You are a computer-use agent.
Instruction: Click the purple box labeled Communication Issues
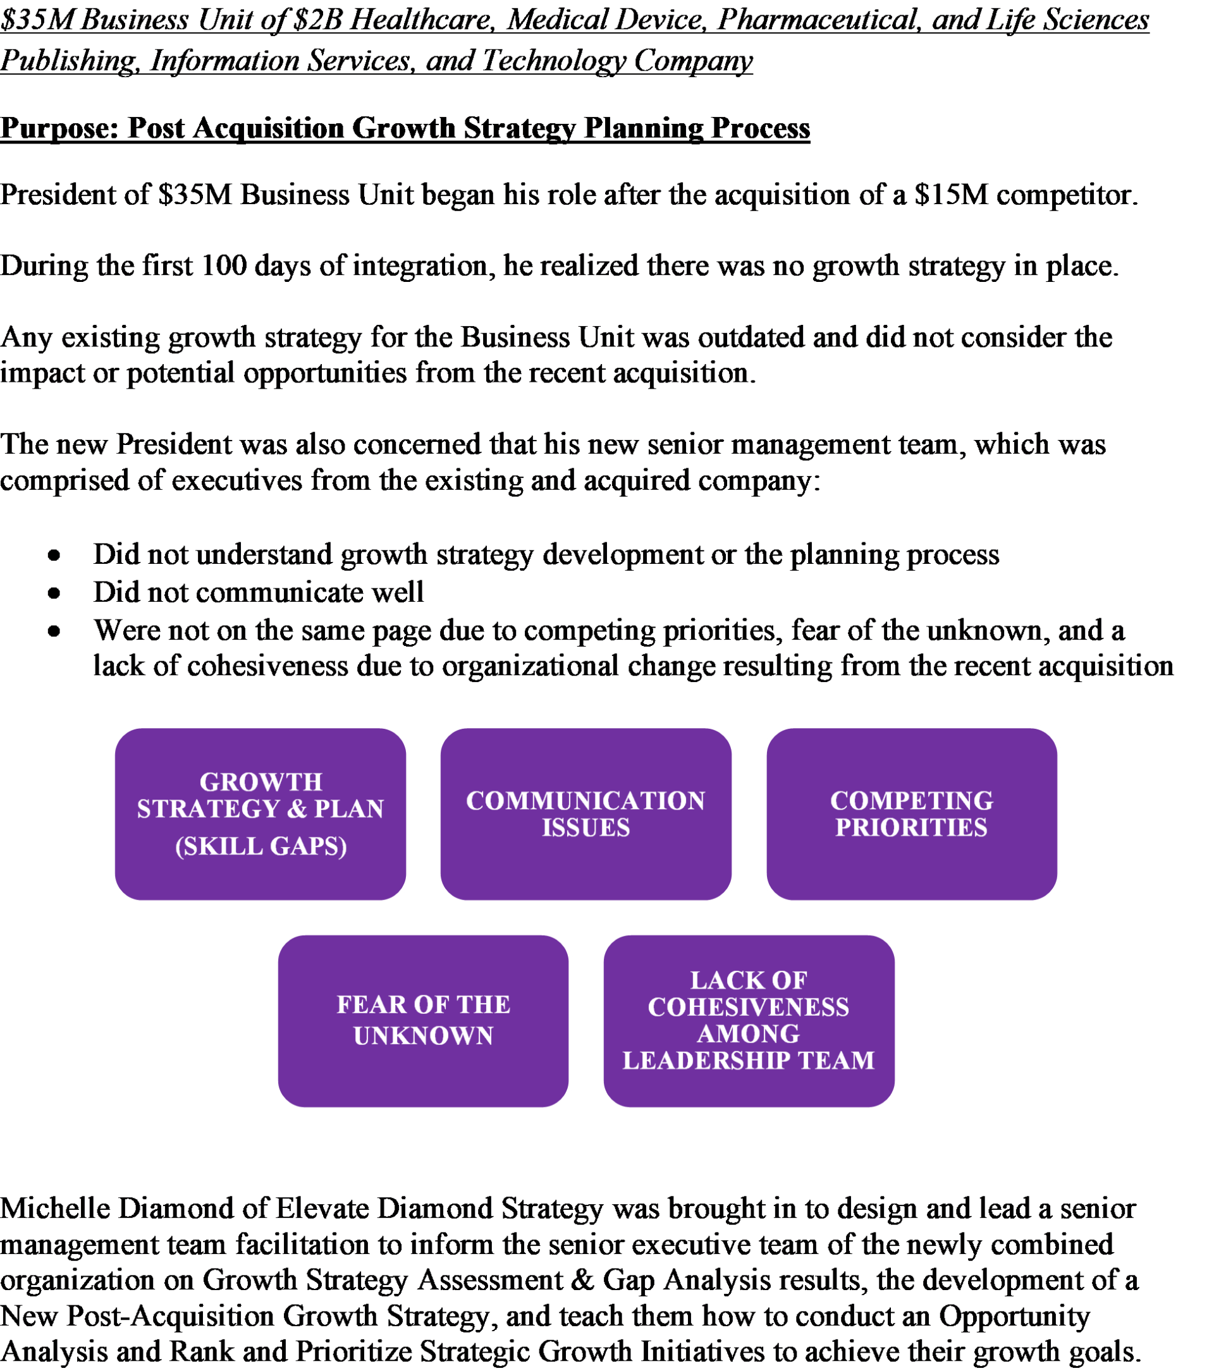point(586,813)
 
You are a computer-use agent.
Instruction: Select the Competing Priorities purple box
point(910,813)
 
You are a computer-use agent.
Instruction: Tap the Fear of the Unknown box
point(423,1020)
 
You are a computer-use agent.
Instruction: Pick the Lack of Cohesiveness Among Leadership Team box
point(748,1020)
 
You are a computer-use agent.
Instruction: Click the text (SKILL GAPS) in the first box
point(261,846)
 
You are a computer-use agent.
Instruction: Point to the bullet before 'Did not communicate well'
point(54,593)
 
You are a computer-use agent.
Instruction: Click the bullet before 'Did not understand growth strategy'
point(54,556)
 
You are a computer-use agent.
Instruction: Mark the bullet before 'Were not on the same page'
point(54,631)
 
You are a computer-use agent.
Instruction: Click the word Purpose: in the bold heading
point(59,128)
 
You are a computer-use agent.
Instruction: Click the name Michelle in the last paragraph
point(55,1208)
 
